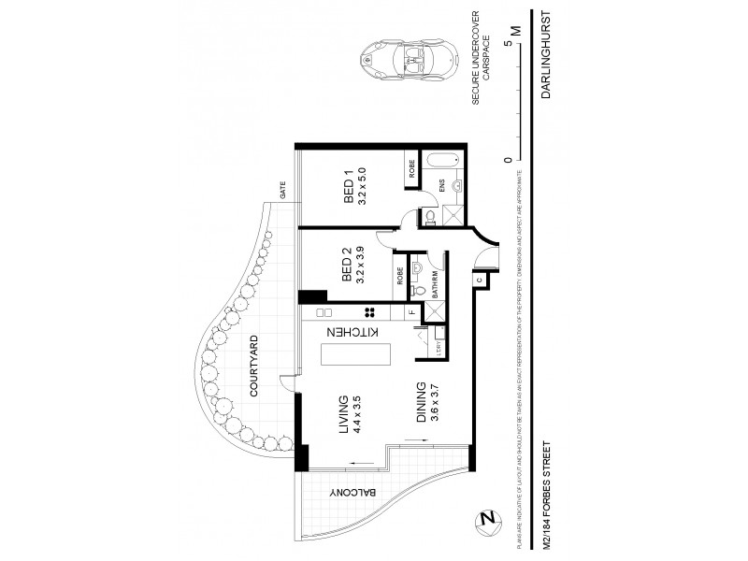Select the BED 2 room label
354,266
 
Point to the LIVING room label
351,414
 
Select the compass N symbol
485,519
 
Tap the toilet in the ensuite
429,216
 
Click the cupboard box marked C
477,279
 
